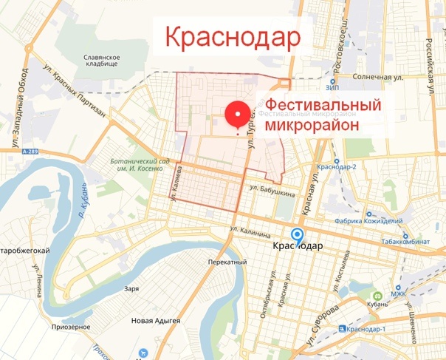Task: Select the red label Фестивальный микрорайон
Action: pyautogui.click(x=323, y=115)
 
